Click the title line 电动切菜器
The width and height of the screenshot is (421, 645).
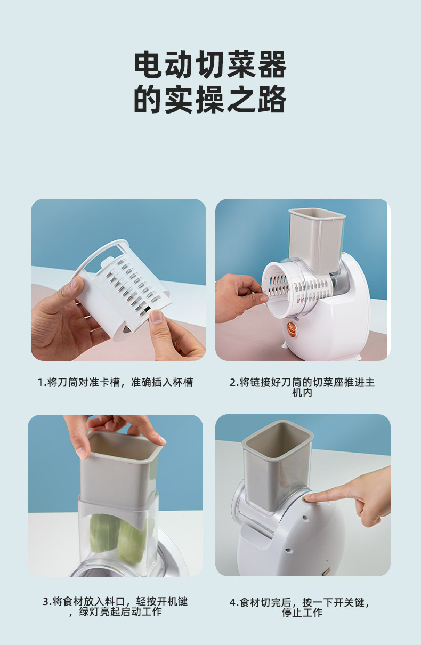[210, 64]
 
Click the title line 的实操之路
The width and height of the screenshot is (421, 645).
[210, 99]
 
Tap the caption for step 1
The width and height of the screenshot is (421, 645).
[115, 382]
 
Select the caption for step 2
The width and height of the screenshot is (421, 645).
[302, 388]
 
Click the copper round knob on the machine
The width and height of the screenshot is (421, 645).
[292, 327]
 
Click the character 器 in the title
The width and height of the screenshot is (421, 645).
[272, 64]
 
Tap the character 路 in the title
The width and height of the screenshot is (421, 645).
[272, 99]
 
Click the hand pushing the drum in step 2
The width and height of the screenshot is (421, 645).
[241, 298]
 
